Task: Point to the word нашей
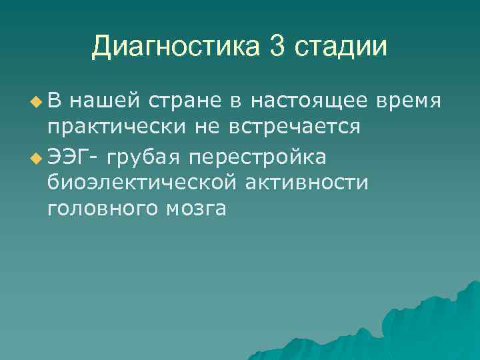coord(106,102)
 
